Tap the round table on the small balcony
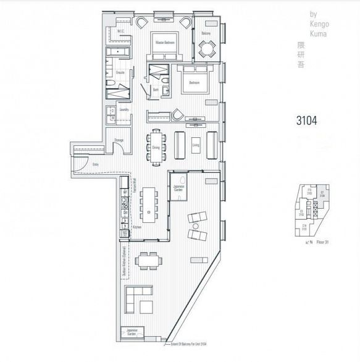[x=206, y=48]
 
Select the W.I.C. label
[x=121, y=30]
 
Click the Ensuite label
[x=121, y=72]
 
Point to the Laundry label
[x=124, y=110]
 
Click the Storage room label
[x=119, y=141]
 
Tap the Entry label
[x=95, y=164]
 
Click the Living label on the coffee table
[x=196, y=146]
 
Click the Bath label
[x=157, y=89]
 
